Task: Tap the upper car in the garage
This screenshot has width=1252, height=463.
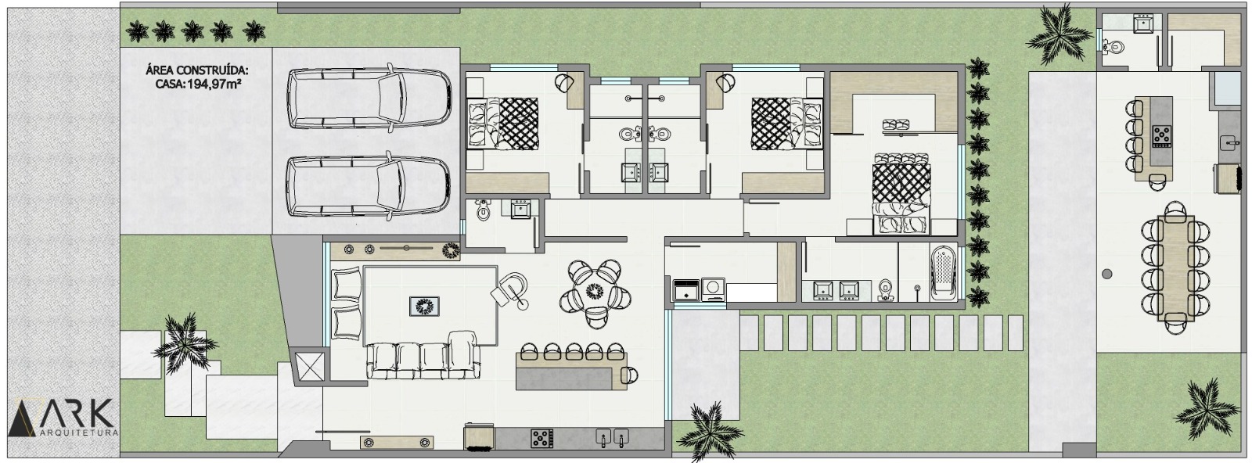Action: point(369,99)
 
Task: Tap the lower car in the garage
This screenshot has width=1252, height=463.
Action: point(368,186)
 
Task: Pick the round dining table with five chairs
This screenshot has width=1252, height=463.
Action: point(595,293)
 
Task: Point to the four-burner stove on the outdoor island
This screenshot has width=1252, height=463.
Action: point(1161,136)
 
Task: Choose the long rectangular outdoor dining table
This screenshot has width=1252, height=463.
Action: point(1176,268)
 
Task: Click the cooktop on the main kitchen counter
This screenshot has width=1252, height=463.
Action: point(541,438)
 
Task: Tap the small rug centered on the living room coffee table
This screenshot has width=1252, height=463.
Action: point(424,307)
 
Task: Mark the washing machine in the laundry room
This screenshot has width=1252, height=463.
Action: point(713,289)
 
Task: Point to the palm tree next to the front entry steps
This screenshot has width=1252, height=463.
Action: point(184,344)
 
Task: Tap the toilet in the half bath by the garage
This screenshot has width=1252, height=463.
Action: point(483,210)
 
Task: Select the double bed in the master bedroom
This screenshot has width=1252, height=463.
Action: point(901,193)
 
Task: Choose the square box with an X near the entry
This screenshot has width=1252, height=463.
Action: point(310,366)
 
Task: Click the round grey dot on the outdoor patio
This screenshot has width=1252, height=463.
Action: point(1106,275)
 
